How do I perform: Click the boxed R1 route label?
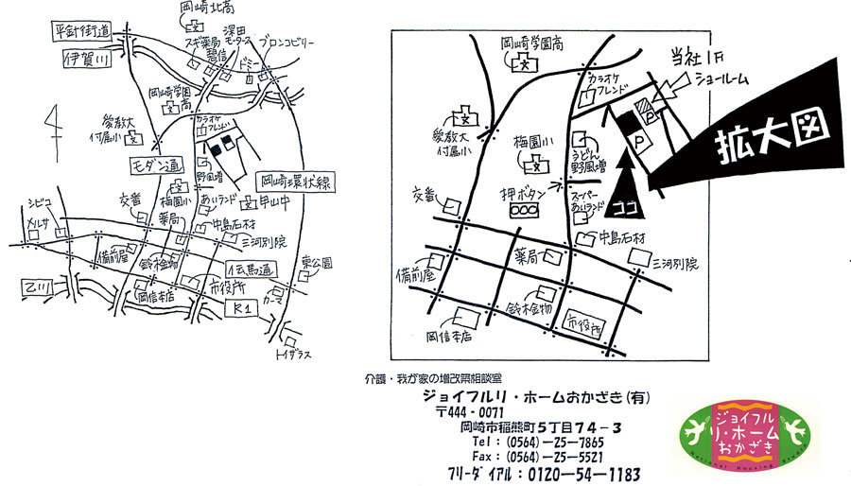point(241,309)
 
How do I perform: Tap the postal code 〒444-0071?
point(470,412)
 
